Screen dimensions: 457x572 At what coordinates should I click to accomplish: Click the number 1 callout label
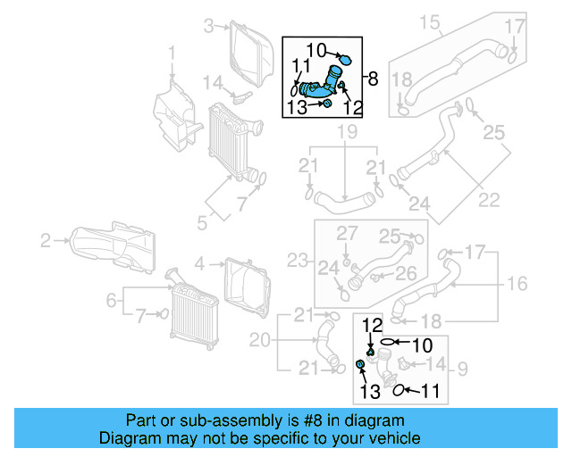[x=172, y=60]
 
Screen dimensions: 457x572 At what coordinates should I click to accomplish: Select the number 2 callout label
[x=46, y=239]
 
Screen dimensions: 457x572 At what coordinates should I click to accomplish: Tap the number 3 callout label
[x=208, y=26]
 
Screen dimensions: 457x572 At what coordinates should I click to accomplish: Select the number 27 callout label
[x=346, y=233]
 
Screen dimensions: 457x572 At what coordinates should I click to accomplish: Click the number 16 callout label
[x=518, y=284]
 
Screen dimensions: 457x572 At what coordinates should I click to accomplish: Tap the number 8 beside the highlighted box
[x=373, y=79]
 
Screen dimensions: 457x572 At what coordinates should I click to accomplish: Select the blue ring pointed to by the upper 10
[x=347, y=61]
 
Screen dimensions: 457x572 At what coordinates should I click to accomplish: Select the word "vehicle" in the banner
[x=393, y=438]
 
